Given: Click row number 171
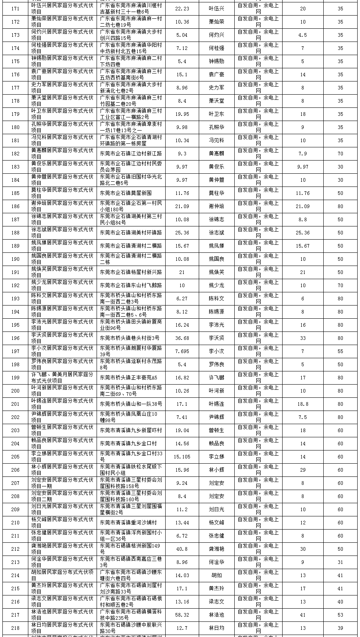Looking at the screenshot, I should point(15,8).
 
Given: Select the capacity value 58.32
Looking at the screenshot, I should point(182,615).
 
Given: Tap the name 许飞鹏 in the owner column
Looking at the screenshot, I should point(217,377).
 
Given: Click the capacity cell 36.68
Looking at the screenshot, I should point(182,338).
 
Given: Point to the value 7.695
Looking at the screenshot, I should point(182,351).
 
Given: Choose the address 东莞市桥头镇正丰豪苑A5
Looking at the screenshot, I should point(129,377).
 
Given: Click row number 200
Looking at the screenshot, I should point(15,391).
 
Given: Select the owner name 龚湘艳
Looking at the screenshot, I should point(217,549).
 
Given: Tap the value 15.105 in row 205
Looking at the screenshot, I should point(182,456).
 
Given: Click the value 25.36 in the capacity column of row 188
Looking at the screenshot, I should point(182,232).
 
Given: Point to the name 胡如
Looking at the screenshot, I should point(217,575).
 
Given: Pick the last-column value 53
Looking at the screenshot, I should point(340,615).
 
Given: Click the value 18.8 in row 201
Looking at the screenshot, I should point(303,404).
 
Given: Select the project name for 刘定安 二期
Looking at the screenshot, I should point(63,496).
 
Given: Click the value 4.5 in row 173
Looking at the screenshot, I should point(303,35).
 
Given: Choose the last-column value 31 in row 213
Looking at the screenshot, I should point(340,562).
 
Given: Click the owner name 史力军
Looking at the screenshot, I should point(217,87).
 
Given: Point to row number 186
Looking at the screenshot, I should point(15,206).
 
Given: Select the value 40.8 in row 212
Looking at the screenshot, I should point(182,549).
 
